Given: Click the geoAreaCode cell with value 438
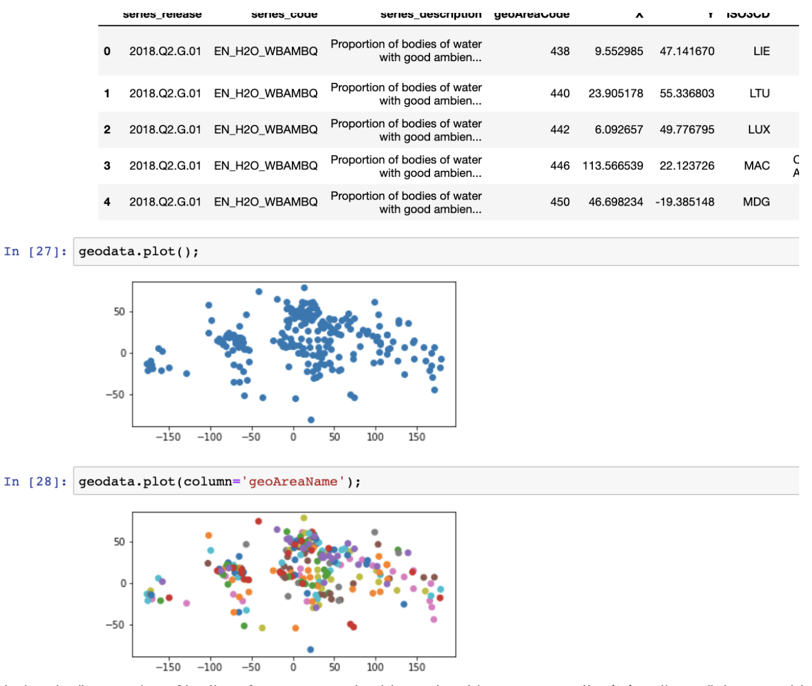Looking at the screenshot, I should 559,51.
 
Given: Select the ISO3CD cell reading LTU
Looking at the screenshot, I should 759,93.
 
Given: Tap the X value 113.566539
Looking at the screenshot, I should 612,166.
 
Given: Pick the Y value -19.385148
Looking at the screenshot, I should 685,202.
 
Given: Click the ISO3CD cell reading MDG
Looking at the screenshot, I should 756,202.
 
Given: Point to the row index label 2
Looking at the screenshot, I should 107,130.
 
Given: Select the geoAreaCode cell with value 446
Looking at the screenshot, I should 559,166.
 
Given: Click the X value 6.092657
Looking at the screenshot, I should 618,130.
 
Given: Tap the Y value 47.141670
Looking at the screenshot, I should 687,51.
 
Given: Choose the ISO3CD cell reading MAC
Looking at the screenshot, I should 757,166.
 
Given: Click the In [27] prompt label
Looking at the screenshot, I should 35,251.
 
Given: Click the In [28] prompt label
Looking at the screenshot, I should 35,482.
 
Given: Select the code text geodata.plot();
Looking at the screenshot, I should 139,251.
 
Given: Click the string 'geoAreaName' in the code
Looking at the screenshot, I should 293,482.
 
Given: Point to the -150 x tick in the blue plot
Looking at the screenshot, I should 168,437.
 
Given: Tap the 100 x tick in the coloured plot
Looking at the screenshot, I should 375,667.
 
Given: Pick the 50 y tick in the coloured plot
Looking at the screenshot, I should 119,542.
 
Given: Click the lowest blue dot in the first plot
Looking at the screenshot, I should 311,420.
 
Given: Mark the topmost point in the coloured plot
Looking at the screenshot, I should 304,518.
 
